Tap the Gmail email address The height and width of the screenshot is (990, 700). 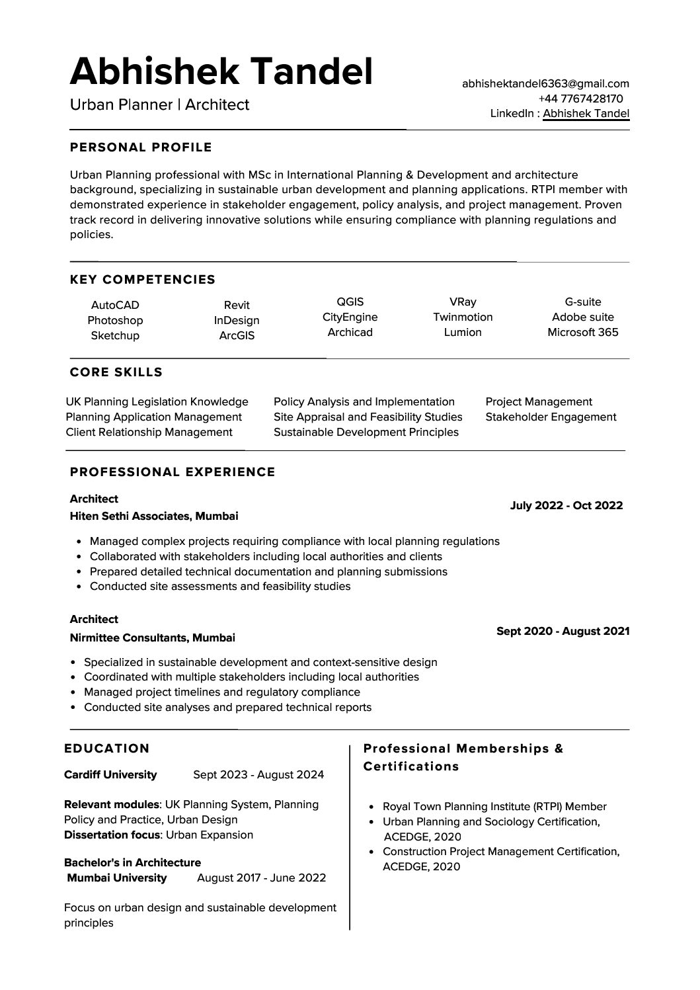(x=545, y=84)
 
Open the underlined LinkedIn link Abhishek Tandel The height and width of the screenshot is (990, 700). (x=586, y=114)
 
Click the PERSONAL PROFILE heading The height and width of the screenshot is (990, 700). (x=141, y=147)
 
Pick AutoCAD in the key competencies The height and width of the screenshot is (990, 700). (x=115, y=306)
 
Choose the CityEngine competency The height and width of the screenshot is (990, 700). (x=350, y=317)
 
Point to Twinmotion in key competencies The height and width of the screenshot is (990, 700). (x=463, y=317)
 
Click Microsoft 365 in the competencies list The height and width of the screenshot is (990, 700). (x=582, y=333)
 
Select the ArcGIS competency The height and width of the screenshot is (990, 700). (x=237, y=336)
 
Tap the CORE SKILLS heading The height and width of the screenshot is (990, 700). (x=116, y=373)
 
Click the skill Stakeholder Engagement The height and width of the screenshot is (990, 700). (x=551, y=417)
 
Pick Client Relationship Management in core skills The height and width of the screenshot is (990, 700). (x=149, y=433)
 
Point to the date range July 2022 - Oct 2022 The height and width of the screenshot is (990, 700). (x=566, y=506)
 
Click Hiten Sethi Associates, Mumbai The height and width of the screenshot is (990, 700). (x=154, y=516)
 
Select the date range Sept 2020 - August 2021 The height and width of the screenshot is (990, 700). (x=563, y=632)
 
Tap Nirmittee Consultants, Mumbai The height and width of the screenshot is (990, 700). (x=153, y=638)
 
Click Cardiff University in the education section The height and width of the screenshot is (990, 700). (x=110, y=775)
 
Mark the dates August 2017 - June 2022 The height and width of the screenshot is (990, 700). (x=262, y=878)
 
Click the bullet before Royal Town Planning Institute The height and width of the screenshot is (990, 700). (x=371, y=807)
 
